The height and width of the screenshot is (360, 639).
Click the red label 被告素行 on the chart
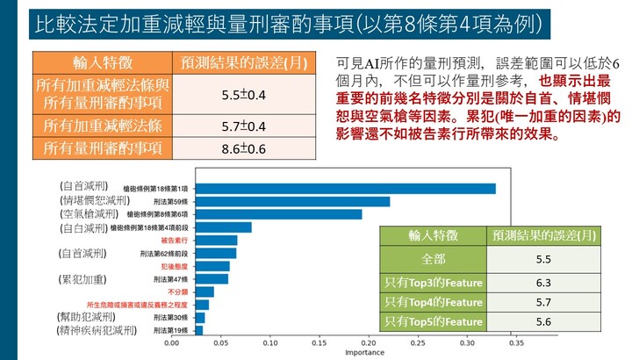[175, 241]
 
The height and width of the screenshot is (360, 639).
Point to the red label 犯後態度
[175, 266]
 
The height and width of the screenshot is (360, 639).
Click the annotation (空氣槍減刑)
[85, 213]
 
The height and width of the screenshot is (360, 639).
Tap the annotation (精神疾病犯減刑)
[96, 330]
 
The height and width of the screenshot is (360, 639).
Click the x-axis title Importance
[364, 353]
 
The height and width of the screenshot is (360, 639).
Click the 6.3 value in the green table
[542, 282]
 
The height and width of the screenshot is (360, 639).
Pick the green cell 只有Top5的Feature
[434, 322]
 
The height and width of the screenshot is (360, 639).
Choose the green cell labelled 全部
[434, 260]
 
